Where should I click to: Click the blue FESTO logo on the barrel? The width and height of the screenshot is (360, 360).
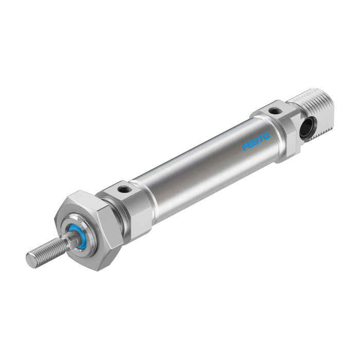(x=256, y=141)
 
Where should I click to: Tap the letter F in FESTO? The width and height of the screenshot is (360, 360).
(x=245, y=147)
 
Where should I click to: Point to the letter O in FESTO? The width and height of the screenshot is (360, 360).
(x=266, y=136)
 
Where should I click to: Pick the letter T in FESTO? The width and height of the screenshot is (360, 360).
(x=261, y=139)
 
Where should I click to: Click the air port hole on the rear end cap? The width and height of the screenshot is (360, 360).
(x=274, y=111)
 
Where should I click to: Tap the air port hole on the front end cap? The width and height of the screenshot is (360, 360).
(x=121, y=190)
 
